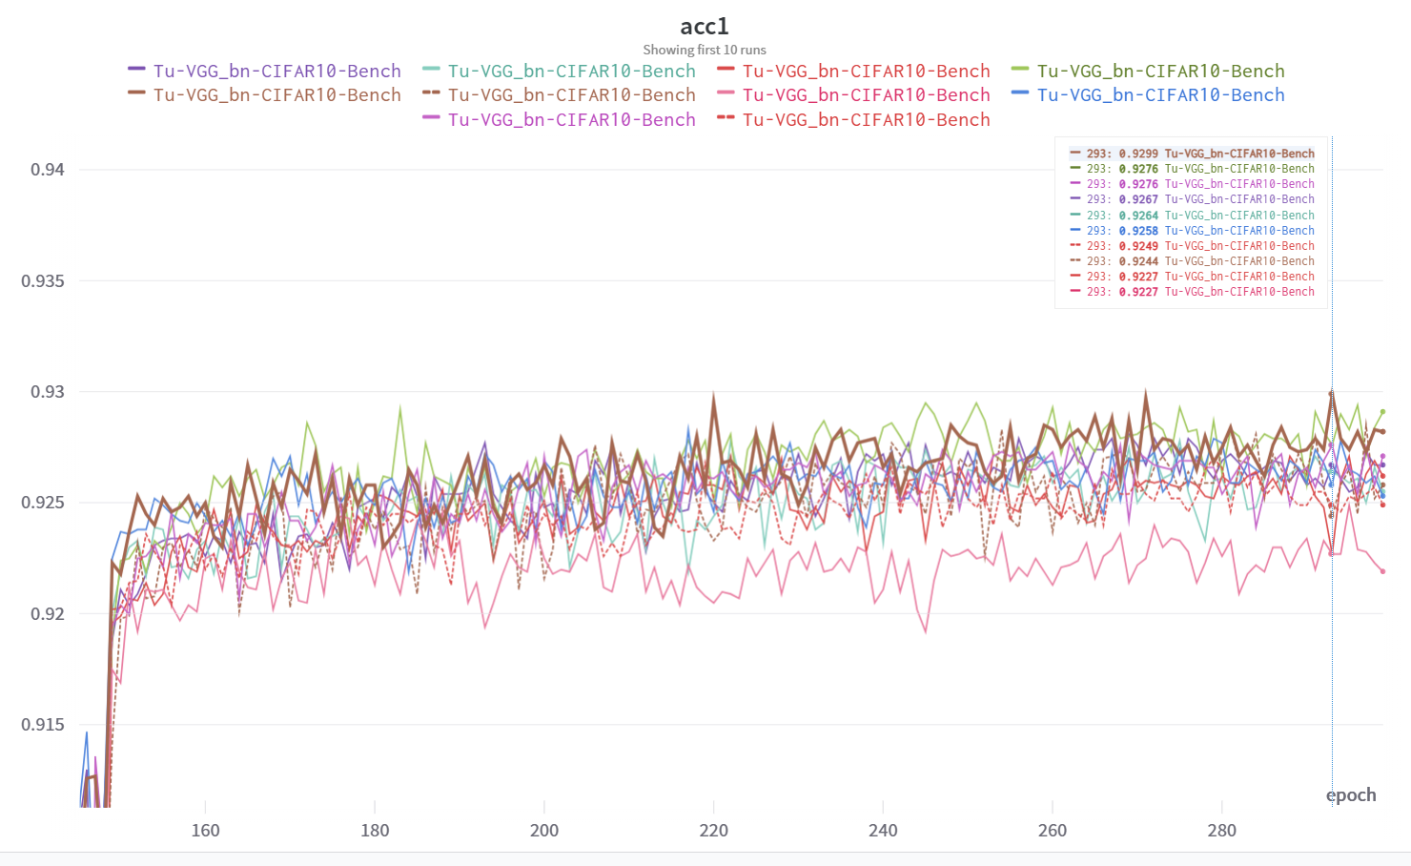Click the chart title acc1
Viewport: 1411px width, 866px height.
pyautogui.click(x=704, y=27)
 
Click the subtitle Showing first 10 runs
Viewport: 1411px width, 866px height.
pyautogui.click(x=704, y=50)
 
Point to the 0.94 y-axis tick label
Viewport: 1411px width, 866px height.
pyautogui.click(x=48, y=170)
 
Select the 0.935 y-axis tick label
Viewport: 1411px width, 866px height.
pyautogui.click(x=43, y=281)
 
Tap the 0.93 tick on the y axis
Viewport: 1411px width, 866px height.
pyautogui.click(x=48, y=392)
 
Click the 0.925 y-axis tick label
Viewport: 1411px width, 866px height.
pyautogui.click(x=43, y=503)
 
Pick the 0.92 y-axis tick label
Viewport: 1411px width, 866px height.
pyautogui.click(x=48, y=614)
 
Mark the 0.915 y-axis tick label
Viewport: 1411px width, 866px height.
pyautogui.click(x=43, y=725)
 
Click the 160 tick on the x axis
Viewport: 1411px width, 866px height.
pyautogui.click(x=205, y=831)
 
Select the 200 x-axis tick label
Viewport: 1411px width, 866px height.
pyautogui.click(x=544, y=831)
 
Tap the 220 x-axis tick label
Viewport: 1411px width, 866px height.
pyautogui.click(x=713, y=831)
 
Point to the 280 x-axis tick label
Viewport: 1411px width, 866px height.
pyautogui.click(x=1221, y=831)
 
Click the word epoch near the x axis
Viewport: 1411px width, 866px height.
pyautogui.click(x=1351, y=795)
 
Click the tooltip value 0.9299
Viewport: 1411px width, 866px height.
pyautogui.click(x=1138, y=154)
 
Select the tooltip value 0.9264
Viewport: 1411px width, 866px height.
pyautogui.click(x=1138, y=216)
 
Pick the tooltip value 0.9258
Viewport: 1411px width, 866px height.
pyautogui.click(x=1138, y=231)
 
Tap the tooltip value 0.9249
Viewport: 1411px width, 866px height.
pyautogui.click(x=1138, y=246)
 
